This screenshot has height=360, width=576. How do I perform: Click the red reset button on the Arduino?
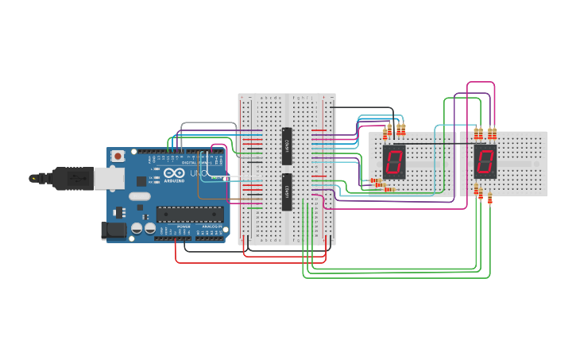(118, 156)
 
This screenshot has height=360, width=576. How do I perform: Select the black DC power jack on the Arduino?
(114, 230)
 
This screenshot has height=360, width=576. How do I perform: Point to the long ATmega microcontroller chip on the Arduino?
(189, 212)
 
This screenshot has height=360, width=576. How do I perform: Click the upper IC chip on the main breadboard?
(287, 145)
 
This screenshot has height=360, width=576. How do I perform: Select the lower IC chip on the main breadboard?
(287, 192)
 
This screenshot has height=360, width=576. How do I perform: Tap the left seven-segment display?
(394, 161)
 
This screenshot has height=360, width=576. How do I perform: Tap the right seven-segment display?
(485, 161)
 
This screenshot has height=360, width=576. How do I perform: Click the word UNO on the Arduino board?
(198, 173)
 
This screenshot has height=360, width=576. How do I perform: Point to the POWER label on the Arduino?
(183, 226)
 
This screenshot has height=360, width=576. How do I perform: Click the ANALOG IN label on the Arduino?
(211, 226)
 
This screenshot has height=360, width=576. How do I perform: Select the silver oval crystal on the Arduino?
(138, 196)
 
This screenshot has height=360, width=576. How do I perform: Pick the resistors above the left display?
(393, 130)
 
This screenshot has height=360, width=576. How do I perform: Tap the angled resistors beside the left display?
(380, 186)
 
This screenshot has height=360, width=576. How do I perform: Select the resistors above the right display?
(485, 133)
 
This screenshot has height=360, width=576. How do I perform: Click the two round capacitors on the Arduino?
(143, 228)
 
